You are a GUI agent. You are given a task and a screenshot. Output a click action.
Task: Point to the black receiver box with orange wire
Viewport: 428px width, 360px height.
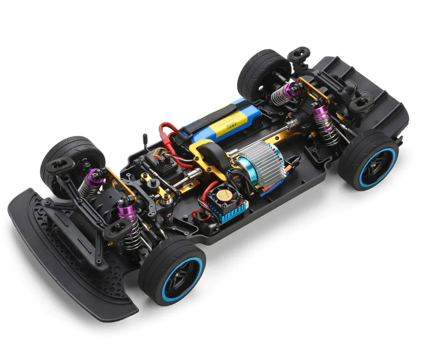pyautogui.click(x=163, y=160)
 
